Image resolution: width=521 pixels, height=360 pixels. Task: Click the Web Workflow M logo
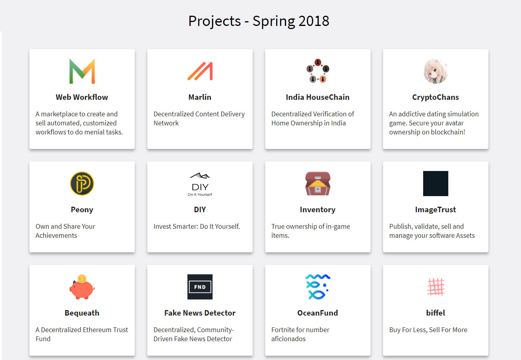coord(82,71)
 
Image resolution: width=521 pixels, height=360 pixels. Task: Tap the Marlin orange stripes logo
coord(200,71)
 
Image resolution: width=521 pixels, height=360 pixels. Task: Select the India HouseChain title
coord(318,97)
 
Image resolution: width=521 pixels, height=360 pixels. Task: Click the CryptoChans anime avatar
coord(436,71)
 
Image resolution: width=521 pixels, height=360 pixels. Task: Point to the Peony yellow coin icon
coord(82,184)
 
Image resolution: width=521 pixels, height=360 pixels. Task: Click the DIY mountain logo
coord(200,184)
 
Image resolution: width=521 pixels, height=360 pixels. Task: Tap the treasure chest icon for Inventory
coord(318,184)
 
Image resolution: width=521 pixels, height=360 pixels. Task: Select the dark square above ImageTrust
coord(436,184)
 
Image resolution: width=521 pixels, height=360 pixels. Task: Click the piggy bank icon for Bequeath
coord(82,287)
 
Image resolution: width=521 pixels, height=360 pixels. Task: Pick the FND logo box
coord(200,287)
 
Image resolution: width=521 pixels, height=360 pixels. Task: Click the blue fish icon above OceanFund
coord(318,287)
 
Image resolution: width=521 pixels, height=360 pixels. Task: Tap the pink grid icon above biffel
coord(436,287)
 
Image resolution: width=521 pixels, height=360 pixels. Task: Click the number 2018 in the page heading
coord(314,21)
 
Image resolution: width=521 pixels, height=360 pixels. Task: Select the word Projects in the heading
coord(215,21)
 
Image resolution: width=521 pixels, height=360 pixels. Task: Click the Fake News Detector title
coord(200,313)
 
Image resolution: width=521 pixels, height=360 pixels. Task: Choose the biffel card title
coord(436,313)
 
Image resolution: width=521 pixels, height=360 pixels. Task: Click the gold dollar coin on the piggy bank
coord(82,279)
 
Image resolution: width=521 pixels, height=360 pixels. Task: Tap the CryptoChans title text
coord(436,97)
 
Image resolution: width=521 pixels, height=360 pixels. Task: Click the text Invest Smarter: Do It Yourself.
coord(197,226)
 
